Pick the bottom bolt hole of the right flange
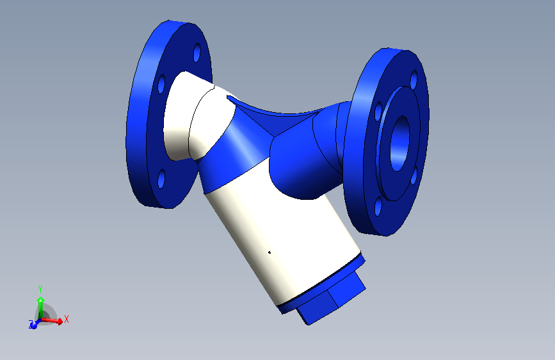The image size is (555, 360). (x=378, y=206)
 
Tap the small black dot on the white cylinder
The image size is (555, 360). (x=269, y=252)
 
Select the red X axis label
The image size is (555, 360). (x=67, y=318)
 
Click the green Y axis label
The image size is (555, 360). (x=40, y=288)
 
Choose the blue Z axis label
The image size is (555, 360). (x=31, y=325)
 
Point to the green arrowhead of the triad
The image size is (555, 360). (x=40, y=299)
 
